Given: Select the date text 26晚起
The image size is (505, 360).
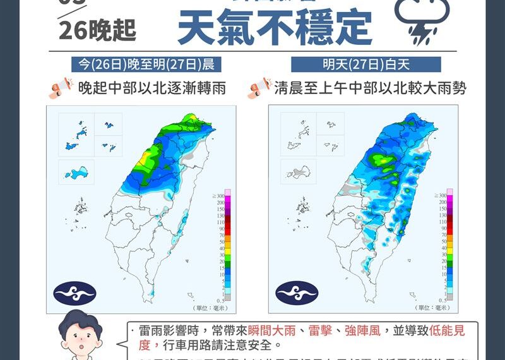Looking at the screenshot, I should pos(97,30).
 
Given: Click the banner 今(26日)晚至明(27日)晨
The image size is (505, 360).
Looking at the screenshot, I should pos(146,64).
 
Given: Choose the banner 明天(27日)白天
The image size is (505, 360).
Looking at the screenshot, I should pos(366,64).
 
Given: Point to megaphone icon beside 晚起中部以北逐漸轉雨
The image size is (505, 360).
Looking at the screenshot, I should pos(61,88).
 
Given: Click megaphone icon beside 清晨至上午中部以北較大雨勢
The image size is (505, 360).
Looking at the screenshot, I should pos(259,88).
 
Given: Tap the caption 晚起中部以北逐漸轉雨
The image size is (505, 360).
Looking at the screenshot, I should pos(151,88).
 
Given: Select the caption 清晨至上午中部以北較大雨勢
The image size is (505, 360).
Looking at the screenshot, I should pos(370,88).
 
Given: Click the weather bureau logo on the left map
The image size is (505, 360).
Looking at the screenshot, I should pos(74,292).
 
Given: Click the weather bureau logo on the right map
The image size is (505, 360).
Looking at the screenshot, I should pos(297,292).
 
